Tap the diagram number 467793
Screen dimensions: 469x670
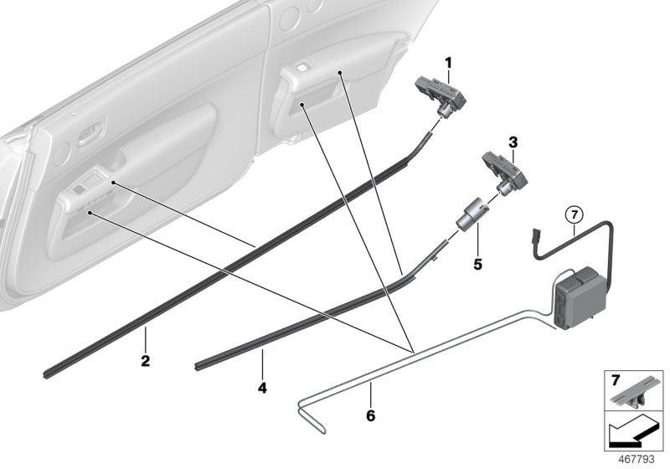[x=641, y=459]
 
